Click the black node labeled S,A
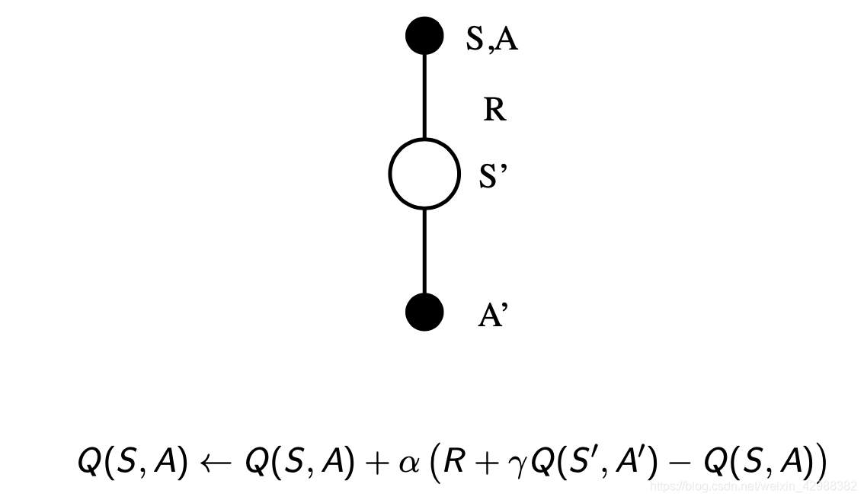tap(424, 36)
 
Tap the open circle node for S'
tap(424, 174)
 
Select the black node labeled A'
tap(424, 312)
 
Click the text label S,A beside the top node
tap(492, 39)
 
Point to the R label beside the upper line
tap(494, 111)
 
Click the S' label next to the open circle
tap(492, 176)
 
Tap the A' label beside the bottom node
tap(492, 315)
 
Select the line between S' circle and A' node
tap(424, 251)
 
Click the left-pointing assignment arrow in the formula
tap(215, 462)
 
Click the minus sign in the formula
tap(683, 462)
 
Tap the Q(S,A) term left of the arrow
tap(133, 462)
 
